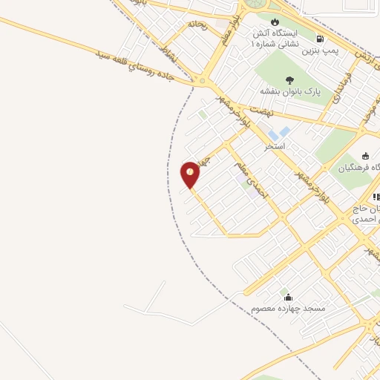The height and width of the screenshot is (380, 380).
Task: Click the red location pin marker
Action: (190, 174)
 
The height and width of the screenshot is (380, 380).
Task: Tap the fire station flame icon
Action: (277, 21)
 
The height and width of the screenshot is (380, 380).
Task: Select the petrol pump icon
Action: (320, 39)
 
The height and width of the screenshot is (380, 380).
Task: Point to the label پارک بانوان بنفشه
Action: (290, 91)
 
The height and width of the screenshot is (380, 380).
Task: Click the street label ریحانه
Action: (197, 24)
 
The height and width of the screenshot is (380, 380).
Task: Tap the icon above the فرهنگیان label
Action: (365, 155)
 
